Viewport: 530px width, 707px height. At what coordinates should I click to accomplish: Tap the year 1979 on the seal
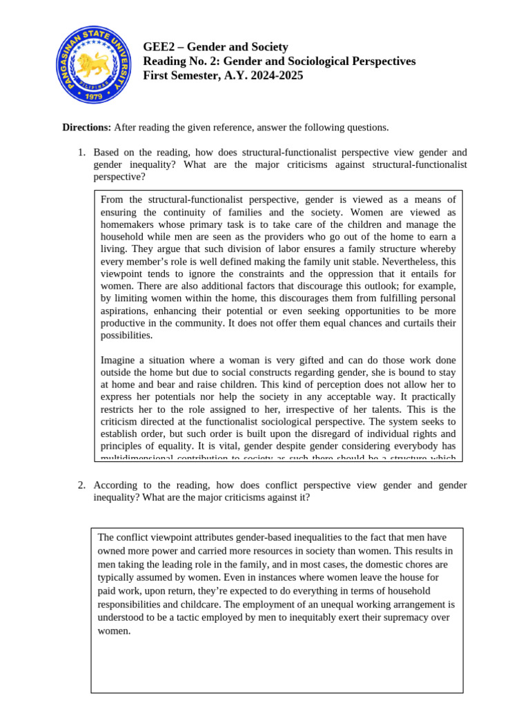click(x=93, y=96)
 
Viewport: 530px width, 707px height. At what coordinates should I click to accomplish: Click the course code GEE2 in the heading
click(x=157, y=47)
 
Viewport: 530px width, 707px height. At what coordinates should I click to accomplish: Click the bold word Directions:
click(x=86, y=127)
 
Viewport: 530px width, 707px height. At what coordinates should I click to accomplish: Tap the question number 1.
click(x=81, y=152)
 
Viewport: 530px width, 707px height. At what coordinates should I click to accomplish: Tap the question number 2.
click(x=81, y=485)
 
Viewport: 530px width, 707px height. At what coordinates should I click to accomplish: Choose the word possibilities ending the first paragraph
click(x=126, y=336)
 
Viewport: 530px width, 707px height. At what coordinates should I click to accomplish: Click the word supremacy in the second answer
click(x=386, y=617)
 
